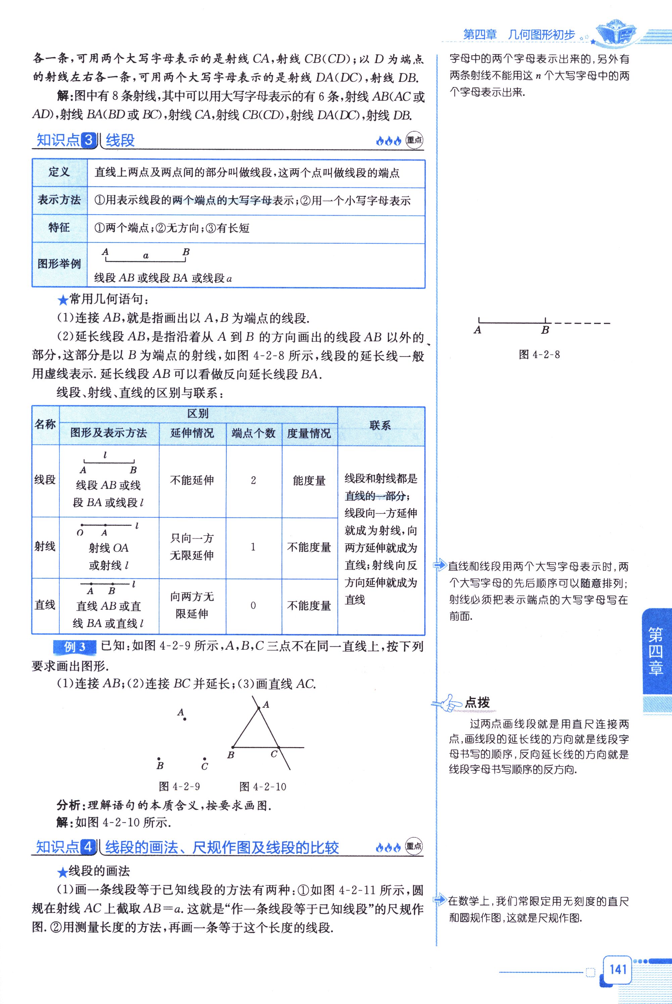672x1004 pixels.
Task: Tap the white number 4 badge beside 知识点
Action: coord(89,847)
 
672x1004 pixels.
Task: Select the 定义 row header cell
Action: coord(59,172)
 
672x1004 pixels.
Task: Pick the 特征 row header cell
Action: coord(59,228)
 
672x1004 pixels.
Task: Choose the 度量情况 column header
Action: coord(309,433)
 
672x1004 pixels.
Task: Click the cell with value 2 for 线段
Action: coord(253,480)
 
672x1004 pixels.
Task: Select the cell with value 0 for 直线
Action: coord(253,605)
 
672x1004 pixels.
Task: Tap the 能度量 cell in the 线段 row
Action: coord(309,481)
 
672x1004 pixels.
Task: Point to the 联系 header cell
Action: coord(380,425)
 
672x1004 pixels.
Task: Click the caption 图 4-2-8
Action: coord(539,355)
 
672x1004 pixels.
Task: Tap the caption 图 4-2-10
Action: coord(263,786)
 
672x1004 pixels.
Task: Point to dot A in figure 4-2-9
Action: coord(185,719)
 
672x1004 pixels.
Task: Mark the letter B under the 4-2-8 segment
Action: coord(545,330)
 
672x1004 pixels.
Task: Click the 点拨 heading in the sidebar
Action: coord(477,702)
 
